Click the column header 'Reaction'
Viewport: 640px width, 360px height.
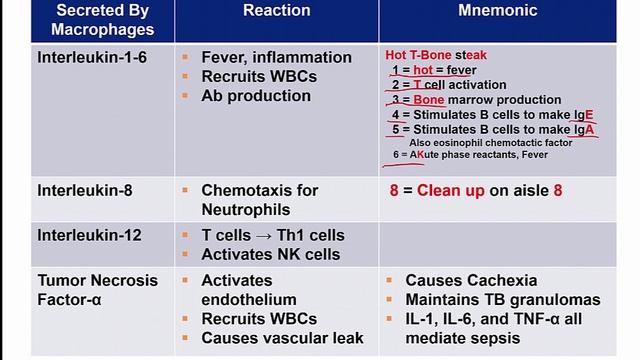(276, 11)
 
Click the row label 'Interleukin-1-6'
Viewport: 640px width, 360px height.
(92, 57)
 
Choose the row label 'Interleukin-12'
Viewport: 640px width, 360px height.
(89, 235)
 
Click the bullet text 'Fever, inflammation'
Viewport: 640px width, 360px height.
(276, 57)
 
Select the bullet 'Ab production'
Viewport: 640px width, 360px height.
(255, 96)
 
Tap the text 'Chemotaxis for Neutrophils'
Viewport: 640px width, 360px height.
(259, 199)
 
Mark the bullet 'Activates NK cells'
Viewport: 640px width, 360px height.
(270, 254)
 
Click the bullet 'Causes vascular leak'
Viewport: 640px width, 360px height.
(278, 338)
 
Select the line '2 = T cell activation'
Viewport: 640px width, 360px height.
(449, 85)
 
